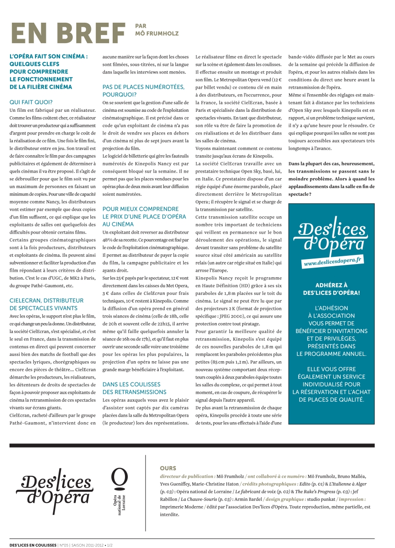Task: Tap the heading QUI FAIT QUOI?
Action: point(31,102)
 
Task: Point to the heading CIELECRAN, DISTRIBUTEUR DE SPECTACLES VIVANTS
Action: point(46,304)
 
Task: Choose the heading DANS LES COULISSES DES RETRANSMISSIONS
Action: point(135,388)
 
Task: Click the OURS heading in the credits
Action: point(168,468)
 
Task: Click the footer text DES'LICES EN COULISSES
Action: point(33,544)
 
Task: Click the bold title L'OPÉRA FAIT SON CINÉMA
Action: point(49,57)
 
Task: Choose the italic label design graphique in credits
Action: point(300,498)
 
